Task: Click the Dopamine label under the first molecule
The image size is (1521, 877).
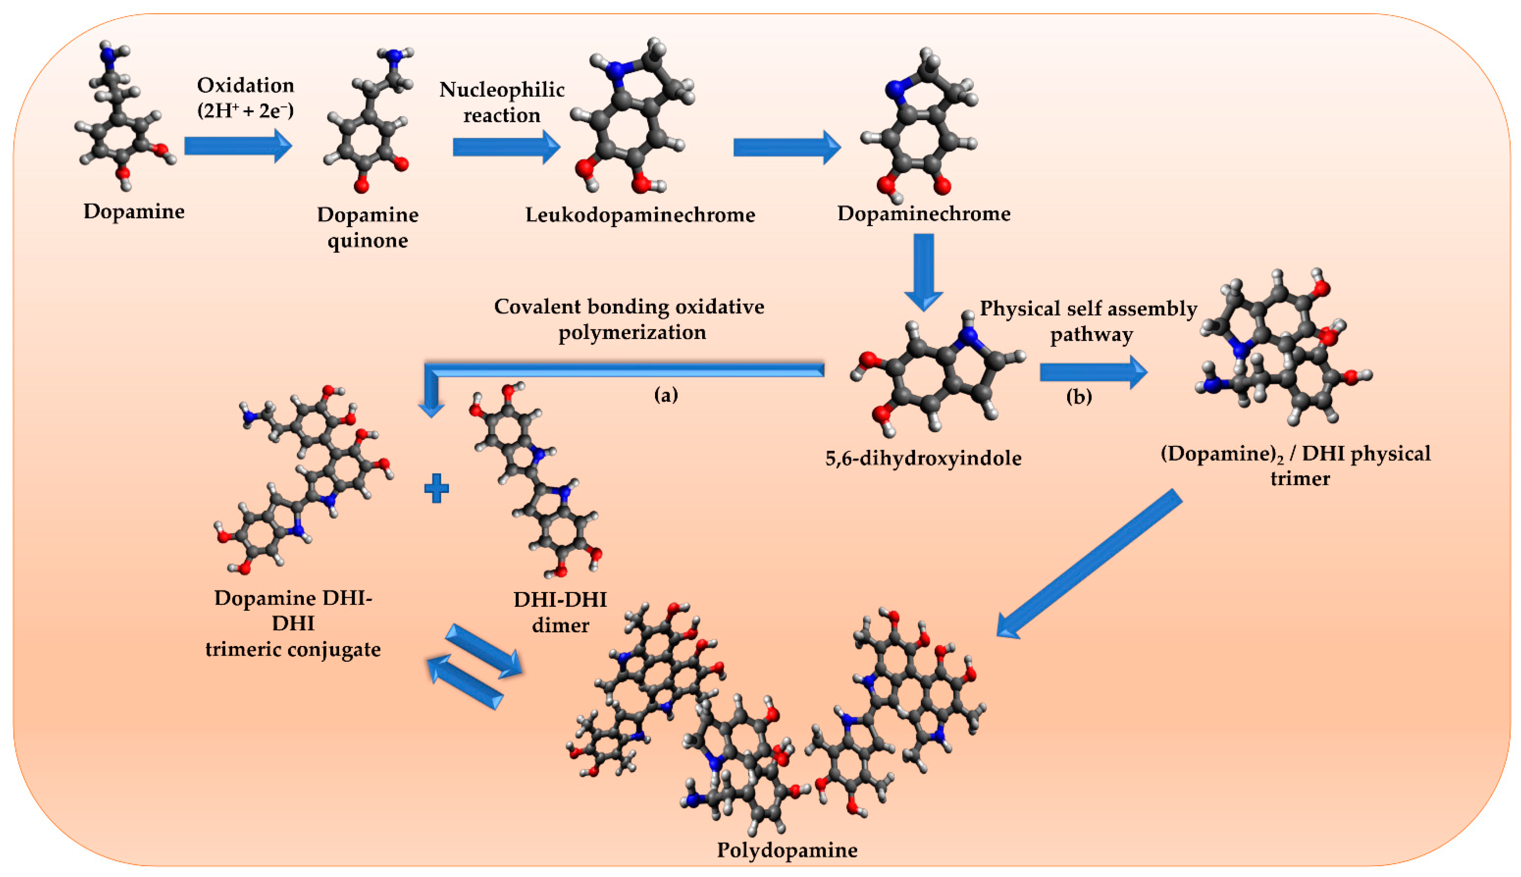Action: (x=134, y=211)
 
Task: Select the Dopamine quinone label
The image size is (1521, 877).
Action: (x=367, y=227)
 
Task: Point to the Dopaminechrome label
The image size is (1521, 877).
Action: (x=924, y=213)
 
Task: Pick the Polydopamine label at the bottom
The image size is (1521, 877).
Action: (x=787, y=850)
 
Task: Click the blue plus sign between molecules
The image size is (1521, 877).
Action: (x=436, y=488)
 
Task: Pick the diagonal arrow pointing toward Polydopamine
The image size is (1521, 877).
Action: (x=1087, y=564)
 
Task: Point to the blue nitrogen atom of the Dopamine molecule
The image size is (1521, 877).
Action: (x=108, y=55)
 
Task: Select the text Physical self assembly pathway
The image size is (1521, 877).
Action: (x=1088, y=321)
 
